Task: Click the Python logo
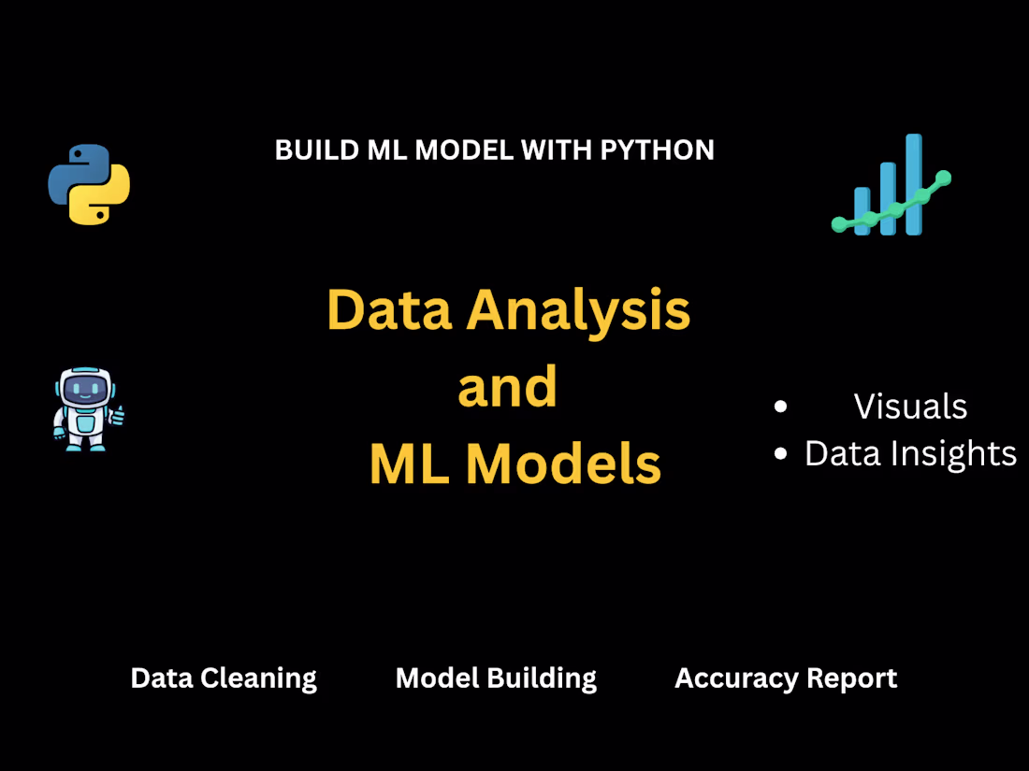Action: [89, 184]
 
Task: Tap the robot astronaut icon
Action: [86, 409]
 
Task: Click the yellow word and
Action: [508, 387]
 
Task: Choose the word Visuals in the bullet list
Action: [910, 407]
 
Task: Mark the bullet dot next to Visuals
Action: [781, 407]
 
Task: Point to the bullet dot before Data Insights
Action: [781, 454]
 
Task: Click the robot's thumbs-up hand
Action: [118, 414]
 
